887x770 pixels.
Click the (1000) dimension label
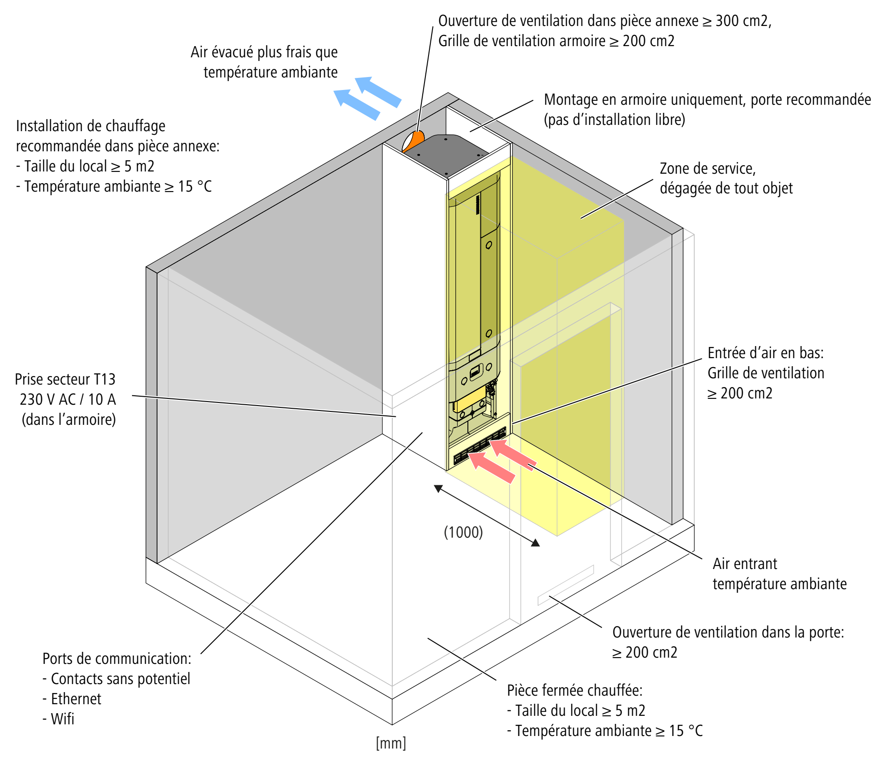coord(463,532)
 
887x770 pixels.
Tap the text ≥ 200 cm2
coord(645,653)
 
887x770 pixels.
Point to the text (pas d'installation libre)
coord(614,120)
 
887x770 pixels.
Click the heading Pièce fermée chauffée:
coord(574,690)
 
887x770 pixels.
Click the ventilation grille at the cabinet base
coord(480,445)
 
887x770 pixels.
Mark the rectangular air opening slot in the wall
coord(566,585)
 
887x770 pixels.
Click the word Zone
coord(674,169)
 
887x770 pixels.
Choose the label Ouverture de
coord(651,633)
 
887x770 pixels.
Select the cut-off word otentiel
coord(169,679)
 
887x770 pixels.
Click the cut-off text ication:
coord(169,659)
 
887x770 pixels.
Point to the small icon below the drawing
coord(391,744)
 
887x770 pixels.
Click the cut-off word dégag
coord(677,188)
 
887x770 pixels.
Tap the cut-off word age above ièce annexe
coord(156,127)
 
